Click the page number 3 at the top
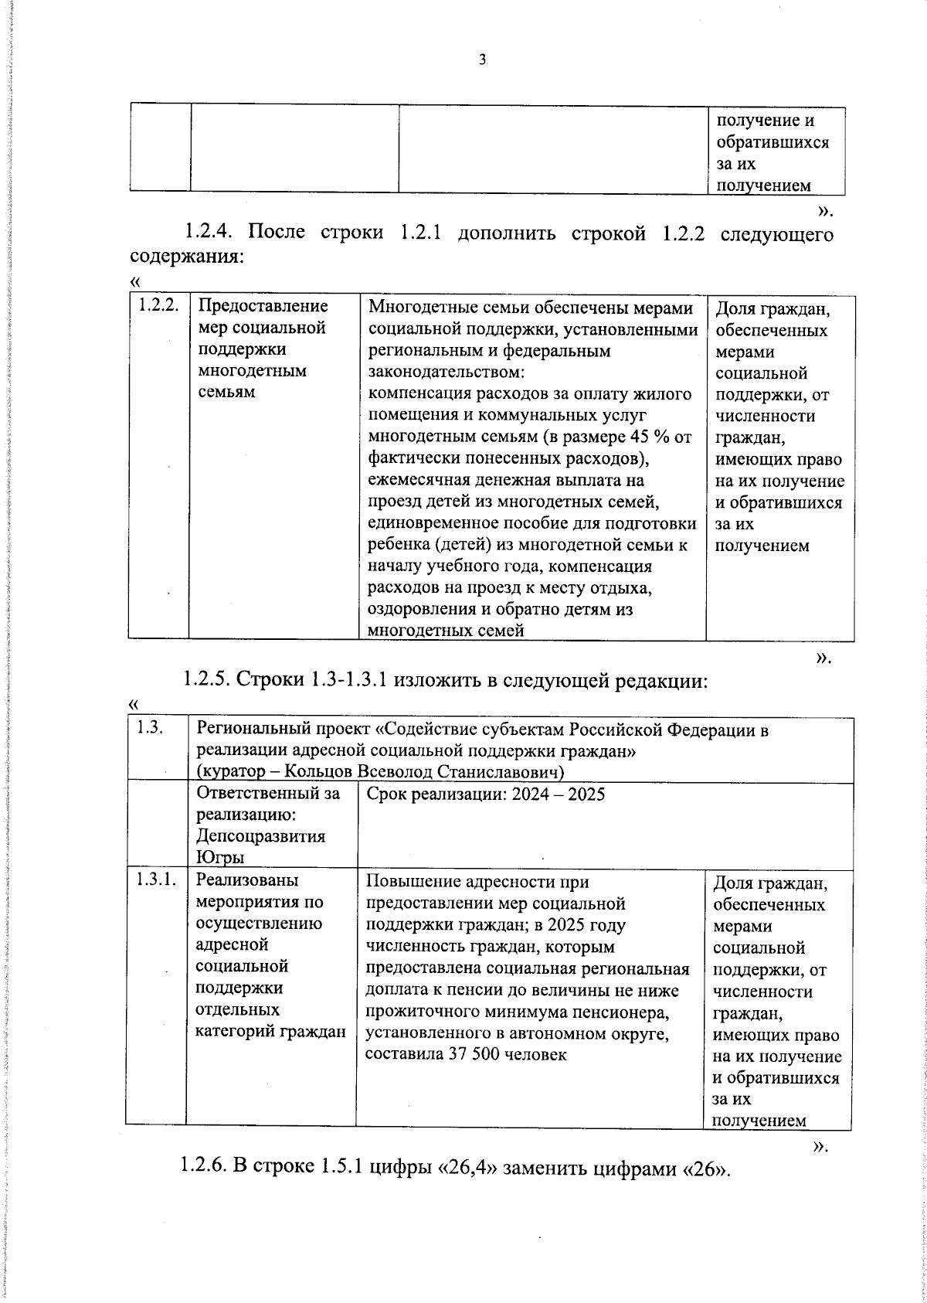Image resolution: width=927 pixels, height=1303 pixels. pos(482,60)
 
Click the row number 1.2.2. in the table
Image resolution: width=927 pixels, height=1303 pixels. pos(159,306)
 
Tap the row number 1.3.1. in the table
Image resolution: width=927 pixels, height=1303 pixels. pos(157,879)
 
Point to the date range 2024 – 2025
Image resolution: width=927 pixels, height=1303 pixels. pos(559,794)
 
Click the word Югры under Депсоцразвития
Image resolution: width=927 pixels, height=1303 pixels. pos(220,858)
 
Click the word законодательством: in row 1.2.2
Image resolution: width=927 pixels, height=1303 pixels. pos(446,372)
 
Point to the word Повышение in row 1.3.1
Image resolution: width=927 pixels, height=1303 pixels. pos(406,881)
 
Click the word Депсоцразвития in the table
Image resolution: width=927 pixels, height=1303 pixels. pos(260,836)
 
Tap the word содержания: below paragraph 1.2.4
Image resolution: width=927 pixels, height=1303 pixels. pos(186,256)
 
